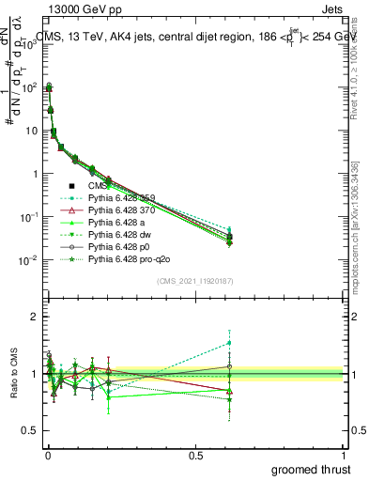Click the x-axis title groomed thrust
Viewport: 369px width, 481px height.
click(x=312, y=468)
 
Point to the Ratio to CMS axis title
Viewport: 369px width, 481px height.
click(x=12, y=374)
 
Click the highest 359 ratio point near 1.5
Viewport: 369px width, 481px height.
click(x=230, y=342)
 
